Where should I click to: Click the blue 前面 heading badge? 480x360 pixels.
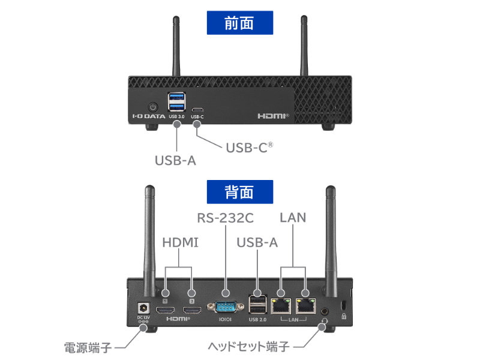coord(239,23)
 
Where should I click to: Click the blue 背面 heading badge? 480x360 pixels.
coord(239,192)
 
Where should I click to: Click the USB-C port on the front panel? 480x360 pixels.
coord(197,110)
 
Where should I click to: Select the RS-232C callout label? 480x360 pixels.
coord(225,217)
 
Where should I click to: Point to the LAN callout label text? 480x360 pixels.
coord(293,217)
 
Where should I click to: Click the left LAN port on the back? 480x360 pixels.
coord(280,306)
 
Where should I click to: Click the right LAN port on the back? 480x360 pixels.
coord(305,306)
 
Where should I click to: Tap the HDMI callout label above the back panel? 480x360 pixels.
coord(180,242)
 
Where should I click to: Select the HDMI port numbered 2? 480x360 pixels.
coord(192,310)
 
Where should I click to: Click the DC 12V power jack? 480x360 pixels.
coord(143,307)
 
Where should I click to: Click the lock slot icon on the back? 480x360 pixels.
coord(343,316)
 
